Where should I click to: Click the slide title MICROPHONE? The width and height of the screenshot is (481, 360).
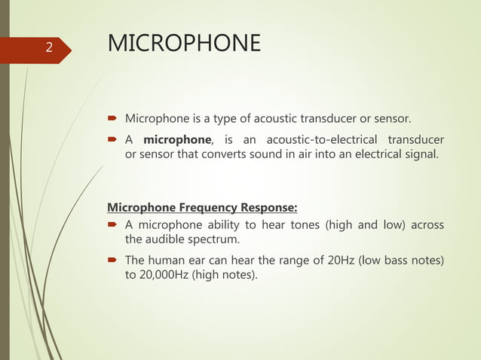pyautogui.click(x=185, y=44)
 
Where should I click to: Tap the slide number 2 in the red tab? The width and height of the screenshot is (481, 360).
pyautogui.click(x=48, y=48)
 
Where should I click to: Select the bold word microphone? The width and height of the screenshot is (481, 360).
pyautogui.click(x=178, y=140)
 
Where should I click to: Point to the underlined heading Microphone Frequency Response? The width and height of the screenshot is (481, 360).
pyautogui.click(x=202, y=208)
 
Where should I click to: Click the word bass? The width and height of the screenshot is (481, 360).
pyautogui.click(x=404, y=261)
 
